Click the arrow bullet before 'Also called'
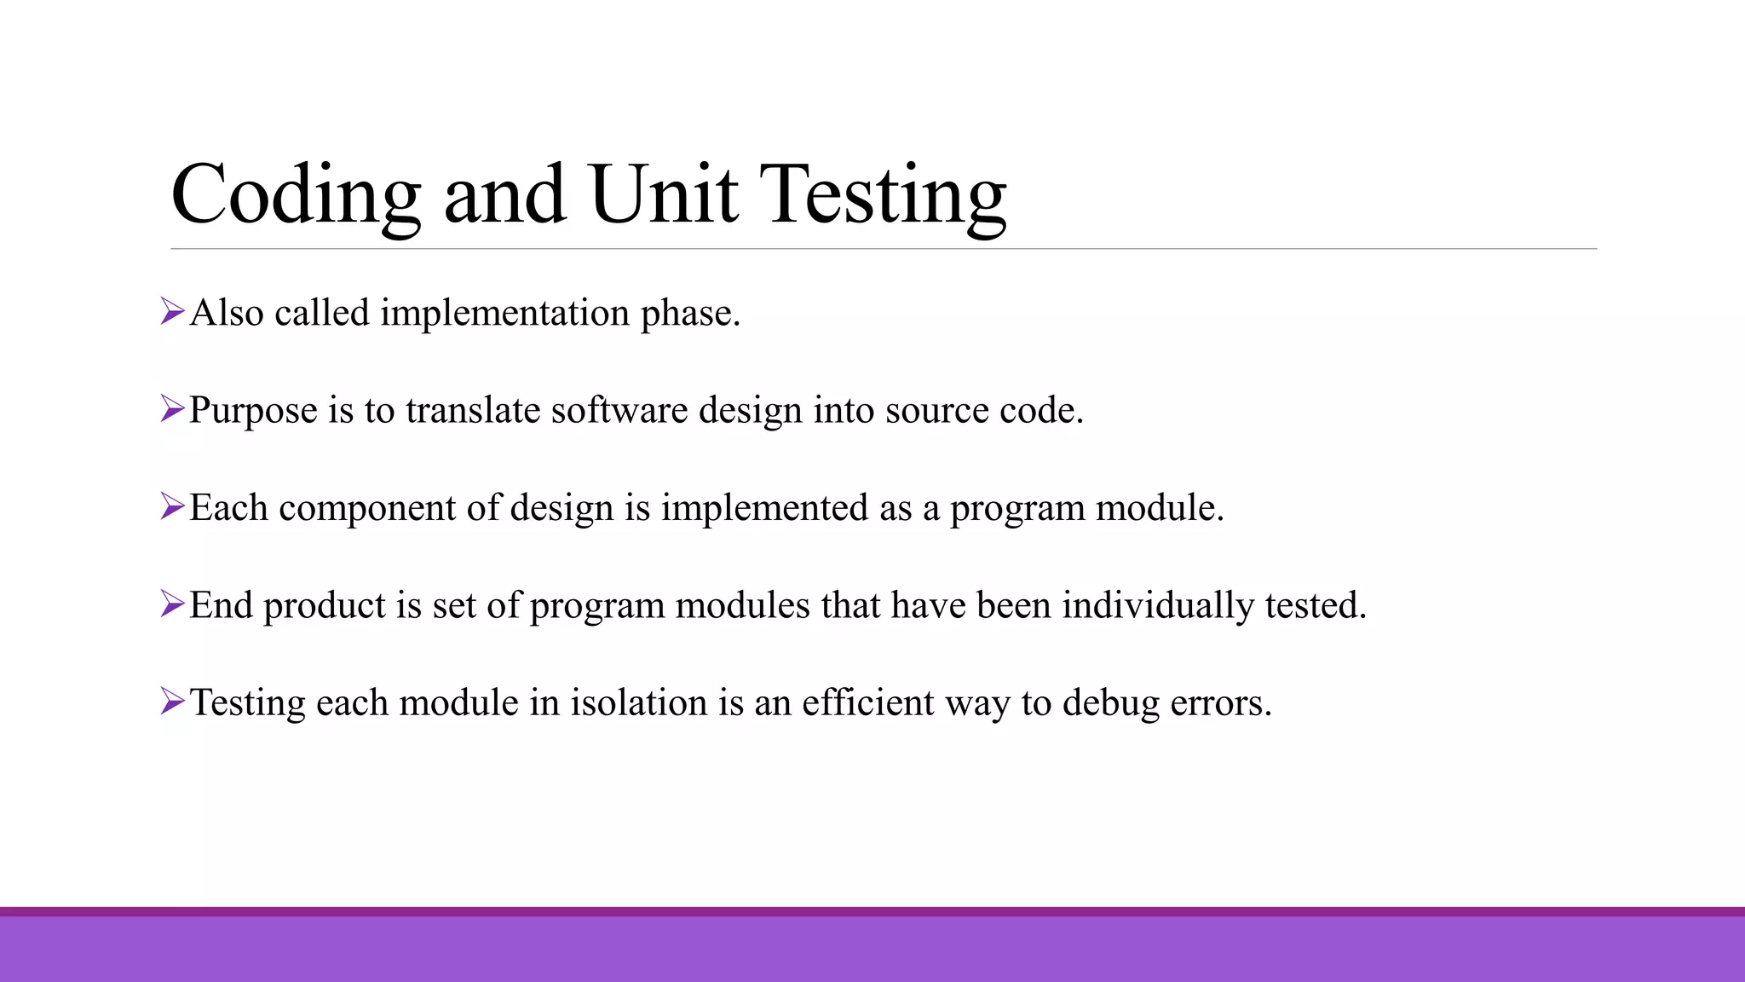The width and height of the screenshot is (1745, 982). pyautogui.click(x=172, y=311)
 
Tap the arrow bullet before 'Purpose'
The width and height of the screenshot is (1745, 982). pyautogui.click(x=172, y=409)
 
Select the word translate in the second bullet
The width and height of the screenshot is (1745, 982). pyautogui.click(x=472, y=410)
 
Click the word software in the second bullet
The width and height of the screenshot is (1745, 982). pyautogui.click(x=619, y=410)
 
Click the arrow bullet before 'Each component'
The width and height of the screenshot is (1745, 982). pyautogui.click(x=172, y=506)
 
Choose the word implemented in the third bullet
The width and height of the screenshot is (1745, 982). pyautogui.click(x=763, y=508)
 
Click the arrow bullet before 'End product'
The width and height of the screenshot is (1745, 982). pyautogui.click(x=172, y=604)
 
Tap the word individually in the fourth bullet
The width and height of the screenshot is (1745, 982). pyautogui.click(x=1157, y=606)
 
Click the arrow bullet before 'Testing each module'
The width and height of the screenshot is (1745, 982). pyautogui.click(x=172, y=702)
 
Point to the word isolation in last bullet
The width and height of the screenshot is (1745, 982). pyautogui.click(x=638, y=703)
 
